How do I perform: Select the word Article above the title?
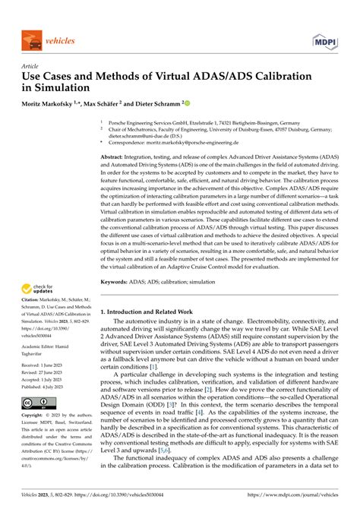30,66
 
